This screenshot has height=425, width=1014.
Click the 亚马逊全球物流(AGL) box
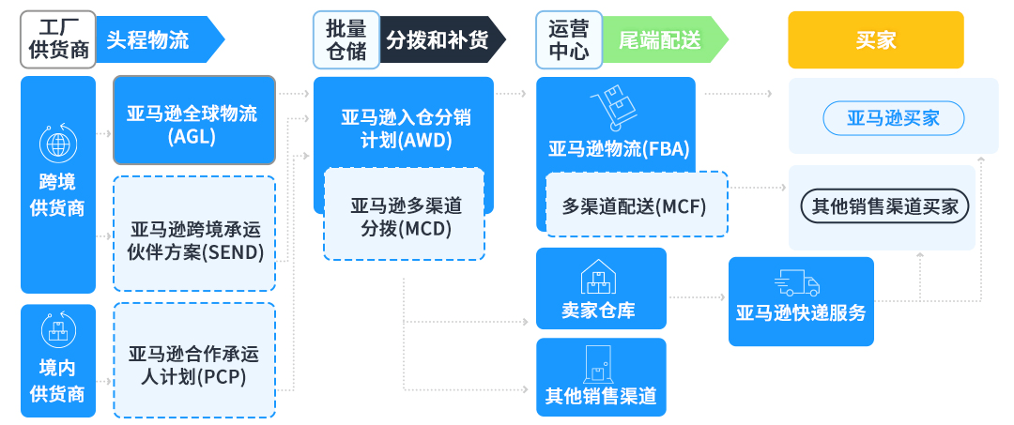[x=193, y=120]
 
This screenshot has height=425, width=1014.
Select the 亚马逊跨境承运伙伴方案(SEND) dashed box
[x=193, y=234]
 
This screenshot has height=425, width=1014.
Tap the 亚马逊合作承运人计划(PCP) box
[x=193, y=360]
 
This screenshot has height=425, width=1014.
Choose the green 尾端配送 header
[x=663, y=39]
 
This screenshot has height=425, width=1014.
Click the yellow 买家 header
[x=875, y=39]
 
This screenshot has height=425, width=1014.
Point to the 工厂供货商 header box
[x=57, y=39]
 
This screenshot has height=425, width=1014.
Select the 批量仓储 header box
[x=346, y=39]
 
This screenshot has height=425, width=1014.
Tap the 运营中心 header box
[x=568, y=39]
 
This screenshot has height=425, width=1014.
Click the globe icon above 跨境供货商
[x=58, y=143]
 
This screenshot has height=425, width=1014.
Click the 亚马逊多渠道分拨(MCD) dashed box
[x=404, y=214]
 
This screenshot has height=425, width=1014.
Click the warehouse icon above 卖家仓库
[x=599, y=276]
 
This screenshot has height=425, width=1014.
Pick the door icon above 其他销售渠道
[x=599, y=364]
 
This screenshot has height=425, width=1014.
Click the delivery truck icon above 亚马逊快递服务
[x=798, y=283]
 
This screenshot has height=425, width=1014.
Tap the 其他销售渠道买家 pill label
[x=883, y=206]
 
